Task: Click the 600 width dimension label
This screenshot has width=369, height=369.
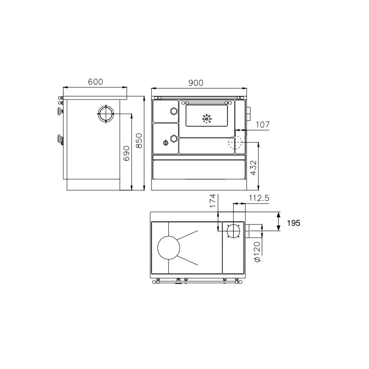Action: [x=96, y=82]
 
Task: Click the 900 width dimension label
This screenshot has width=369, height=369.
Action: [x=195, y=83]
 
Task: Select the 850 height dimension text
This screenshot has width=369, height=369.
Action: [x=139, y=141]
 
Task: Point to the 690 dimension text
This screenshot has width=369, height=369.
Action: [x=127, y=153]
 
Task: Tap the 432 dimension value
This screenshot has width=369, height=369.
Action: [x=253, y=168]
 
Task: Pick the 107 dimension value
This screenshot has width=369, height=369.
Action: [x=262, y=125]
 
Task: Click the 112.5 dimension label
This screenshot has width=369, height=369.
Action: [x=259, y=198]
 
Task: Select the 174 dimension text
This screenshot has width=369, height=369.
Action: [x=213, y=201]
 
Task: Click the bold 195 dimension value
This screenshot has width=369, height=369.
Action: [x=293, y=223]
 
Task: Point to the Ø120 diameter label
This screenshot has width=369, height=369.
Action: [x=257, y=252]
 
